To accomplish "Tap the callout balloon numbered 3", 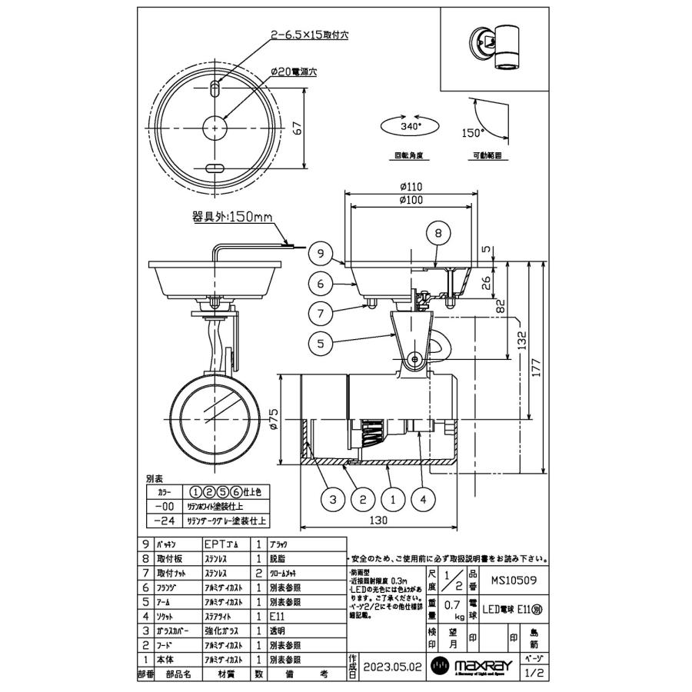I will click(x=332, y=500).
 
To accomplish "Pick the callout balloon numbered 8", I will click(x=437, y=232).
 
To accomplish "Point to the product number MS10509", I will click(x=512, y=572).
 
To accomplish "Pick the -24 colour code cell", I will click(x=162, y=520).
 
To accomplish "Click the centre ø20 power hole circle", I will click(x=213, y=128).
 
